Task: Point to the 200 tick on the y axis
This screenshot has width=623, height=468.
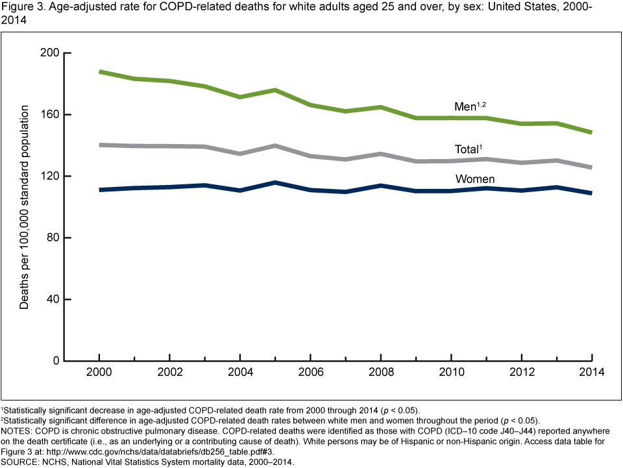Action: tap(52, 53)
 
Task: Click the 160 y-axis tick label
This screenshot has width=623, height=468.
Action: tap(52, 115)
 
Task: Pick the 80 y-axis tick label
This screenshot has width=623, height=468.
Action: tap(55, 238)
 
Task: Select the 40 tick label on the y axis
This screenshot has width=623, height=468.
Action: tap(55, 299)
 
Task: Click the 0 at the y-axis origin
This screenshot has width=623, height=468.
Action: tap(57, 361)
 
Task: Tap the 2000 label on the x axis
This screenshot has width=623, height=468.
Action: tap(99, 373)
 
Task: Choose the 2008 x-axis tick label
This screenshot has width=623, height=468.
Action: tap(381, 373)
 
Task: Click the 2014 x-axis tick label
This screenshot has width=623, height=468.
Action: tap(592, 373)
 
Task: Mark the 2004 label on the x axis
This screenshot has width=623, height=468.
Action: tap(240, 373)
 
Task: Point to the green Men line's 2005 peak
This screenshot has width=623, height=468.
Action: tap(275, 90)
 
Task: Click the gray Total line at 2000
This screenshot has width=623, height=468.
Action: tap(99, 145)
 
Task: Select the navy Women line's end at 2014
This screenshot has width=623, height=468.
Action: tap(591, 193)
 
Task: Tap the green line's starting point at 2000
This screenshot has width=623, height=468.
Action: tap(99, 71)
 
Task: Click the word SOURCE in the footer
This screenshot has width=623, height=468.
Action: tap(20, 463)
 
